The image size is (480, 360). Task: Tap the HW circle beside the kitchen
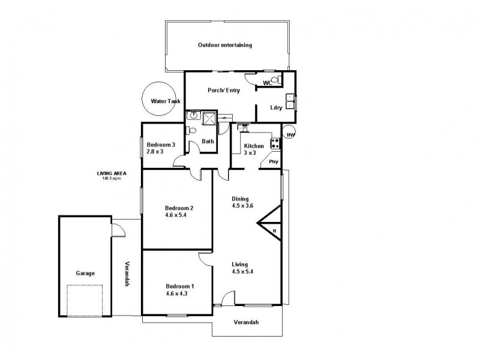pyautogui.click(x=289, y=133)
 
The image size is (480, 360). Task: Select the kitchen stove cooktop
pyautogui.click(x=275, y=143)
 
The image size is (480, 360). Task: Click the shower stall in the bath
pyautogui.click(x=210, y=118)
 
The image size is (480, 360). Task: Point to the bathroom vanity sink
pyautogui.click(x=194, y=116)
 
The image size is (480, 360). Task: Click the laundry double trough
pyautogui.click(x=290, y=100)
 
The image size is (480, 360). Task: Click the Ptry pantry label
pyautogui.click(x=273, y=161)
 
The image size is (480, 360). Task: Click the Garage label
pyautogui.click(x=85, y=273)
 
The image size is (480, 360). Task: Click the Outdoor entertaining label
pyautogui.click(x=225, y=45)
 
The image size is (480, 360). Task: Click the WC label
pyautogui.click(x=268, y=83)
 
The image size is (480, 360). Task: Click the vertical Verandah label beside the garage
pyautogui.click(x=127, y=274)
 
